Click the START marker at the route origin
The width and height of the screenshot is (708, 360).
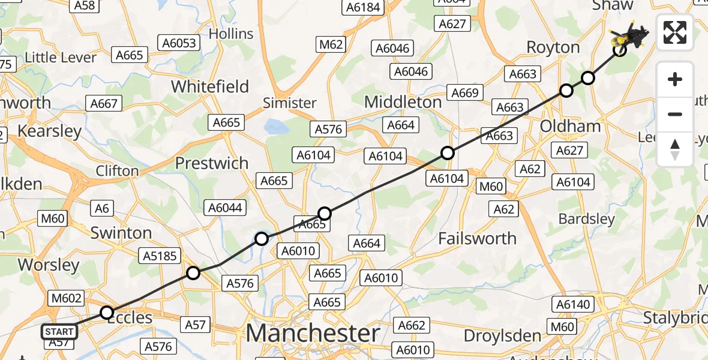[x=59, y=331]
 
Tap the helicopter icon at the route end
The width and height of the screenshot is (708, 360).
[x=629, y=36]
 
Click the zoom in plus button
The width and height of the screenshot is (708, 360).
[x=675, y=79]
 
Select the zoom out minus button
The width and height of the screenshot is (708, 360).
[x=675, y=114]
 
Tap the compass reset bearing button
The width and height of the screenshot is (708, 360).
[x=675, y=149]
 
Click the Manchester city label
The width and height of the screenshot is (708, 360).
[x=313, y=332]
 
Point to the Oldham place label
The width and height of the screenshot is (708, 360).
[x=570, y=126]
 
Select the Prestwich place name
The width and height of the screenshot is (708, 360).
[x=211, y=163]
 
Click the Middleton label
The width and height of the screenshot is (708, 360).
[x=403, y=102]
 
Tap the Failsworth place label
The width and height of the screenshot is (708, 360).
[x=477, y=238]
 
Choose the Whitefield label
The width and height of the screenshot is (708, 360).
[x=210, y=87]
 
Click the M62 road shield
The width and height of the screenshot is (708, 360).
[x=331, y=44]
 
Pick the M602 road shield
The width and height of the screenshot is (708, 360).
[x=67, y=298]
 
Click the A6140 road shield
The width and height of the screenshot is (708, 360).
[x=573, y=304]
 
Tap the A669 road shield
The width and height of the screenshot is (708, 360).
[x=465, y=93]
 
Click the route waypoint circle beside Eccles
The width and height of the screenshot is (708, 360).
[x=107, y=313]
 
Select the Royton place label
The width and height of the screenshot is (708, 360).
[x=553, y=47]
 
